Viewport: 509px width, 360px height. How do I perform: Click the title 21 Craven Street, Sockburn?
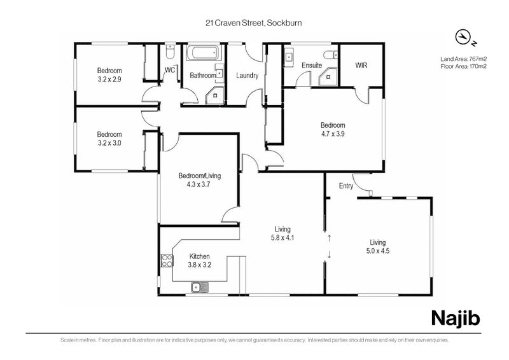[253, 24]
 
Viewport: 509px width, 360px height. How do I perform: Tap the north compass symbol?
[466, 38]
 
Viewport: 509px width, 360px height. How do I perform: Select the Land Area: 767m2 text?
[463, 59]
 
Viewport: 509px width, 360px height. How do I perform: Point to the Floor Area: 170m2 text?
[463, 66]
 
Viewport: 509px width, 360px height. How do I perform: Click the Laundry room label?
[247, 75]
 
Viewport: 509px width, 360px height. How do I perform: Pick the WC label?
[170, 70]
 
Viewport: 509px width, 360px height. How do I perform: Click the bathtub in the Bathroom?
[204, 53]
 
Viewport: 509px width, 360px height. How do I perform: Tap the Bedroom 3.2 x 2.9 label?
[109, 75]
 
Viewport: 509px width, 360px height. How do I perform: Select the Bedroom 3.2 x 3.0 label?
[109, 139]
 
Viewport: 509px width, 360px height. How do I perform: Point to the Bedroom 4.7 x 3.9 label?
[333, 129]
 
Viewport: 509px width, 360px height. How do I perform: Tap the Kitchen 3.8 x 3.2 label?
[199, 260]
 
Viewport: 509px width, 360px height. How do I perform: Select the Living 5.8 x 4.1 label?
[282, 233]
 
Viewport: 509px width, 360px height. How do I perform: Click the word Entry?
[346, 186]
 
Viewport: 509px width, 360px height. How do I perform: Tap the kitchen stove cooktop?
[166, 260]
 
